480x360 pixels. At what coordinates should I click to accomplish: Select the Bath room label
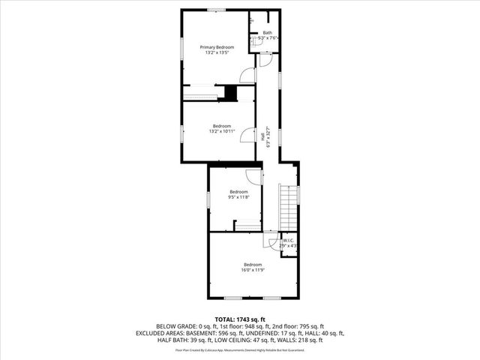point(267,33)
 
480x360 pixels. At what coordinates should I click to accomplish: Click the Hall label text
point(262,136)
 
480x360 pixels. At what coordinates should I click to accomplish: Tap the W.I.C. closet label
point(289,241)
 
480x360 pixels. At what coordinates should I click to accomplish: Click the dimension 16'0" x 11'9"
point(253,269)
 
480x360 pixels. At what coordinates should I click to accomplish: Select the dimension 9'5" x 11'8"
point(238,196)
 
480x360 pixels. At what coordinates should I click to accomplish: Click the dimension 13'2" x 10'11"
point(221,130)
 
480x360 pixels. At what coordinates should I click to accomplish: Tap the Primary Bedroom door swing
point(247,74)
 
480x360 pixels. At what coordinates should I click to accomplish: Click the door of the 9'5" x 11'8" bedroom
point(253,175)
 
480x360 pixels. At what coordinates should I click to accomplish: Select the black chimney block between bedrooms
point(231,93)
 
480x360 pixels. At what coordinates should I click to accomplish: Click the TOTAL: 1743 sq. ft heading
point(240,319)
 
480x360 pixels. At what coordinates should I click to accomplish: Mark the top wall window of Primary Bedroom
point(217,10)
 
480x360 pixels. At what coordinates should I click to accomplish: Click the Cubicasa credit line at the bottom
point(240,349)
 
